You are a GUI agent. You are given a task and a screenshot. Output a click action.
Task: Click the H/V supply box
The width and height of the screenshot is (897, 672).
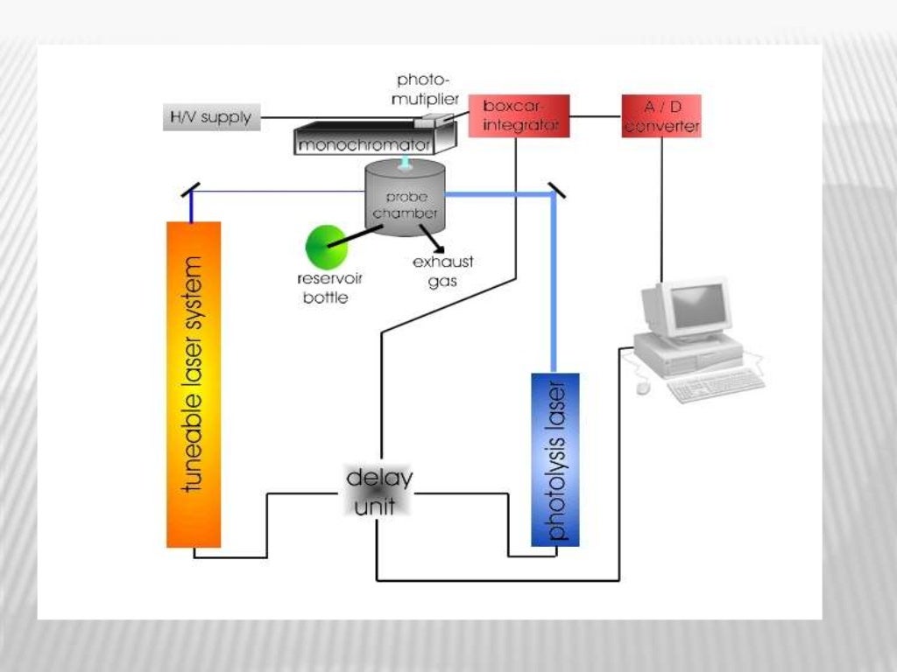click(x=211, y=117)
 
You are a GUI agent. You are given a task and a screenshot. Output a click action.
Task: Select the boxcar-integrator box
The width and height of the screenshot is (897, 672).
click(x=519, y=115)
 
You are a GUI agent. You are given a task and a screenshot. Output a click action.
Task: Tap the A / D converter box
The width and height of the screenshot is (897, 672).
click(x=661, y=116)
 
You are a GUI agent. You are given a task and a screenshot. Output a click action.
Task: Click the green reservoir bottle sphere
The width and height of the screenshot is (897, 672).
click(x=326, y=246)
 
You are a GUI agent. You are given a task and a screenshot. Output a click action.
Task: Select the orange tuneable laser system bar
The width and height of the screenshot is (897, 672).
click(x=194, y=385)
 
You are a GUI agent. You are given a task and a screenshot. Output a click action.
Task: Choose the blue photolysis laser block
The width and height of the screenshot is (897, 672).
click(x=554, y=459)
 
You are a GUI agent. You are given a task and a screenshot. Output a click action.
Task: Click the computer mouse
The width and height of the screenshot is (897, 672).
click(x=643, y=386)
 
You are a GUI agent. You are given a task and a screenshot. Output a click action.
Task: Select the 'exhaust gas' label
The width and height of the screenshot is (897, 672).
click(x=442, y=271)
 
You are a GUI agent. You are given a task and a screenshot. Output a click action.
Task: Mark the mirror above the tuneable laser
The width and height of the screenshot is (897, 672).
click(x=190, y=188)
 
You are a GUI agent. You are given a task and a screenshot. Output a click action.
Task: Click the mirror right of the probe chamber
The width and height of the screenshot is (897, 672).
click(x=556, y=189)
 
